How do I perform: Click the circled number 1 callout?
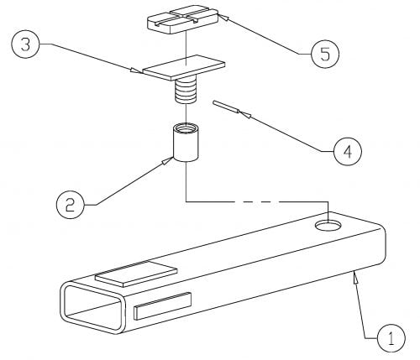[x=391, y=338]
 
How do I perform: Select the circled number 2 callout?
[x=70, y=205]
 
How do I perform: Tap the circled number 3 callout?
[x=25, y=44]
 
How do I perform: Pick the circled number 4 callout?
[x=348, y=151]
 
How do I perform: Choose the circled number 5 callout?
[x=325, y=54]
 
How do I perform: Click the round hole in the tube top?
[x=328, y=225]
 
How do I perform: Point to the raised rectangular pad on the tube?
[x=136, y=274]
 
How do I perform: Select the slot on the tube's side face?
[x=163, y=305]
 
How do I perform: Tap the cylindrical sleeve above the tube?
[x=186, y=142]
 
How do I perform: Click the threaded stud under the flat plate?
[x=185, y=90]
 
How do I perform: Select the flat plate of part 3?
[x=184, y=67]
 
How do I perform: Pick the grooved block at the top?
[x=182, y=20]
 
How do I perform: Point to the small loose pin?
[x=226, y=107]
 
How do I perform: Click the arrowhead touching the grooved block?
[x=223, y=18]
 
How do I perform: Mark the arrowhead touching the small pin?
[x=245, y=114]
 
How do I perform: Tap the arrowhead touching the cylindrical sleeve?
[x=168, y=160]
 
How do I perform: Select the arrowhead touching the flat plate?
[x=136, y=70]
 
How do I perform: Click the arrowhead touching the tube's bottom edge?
[x=355, y=277]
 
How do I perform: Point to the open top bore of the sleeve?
[x=186, y=128]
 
